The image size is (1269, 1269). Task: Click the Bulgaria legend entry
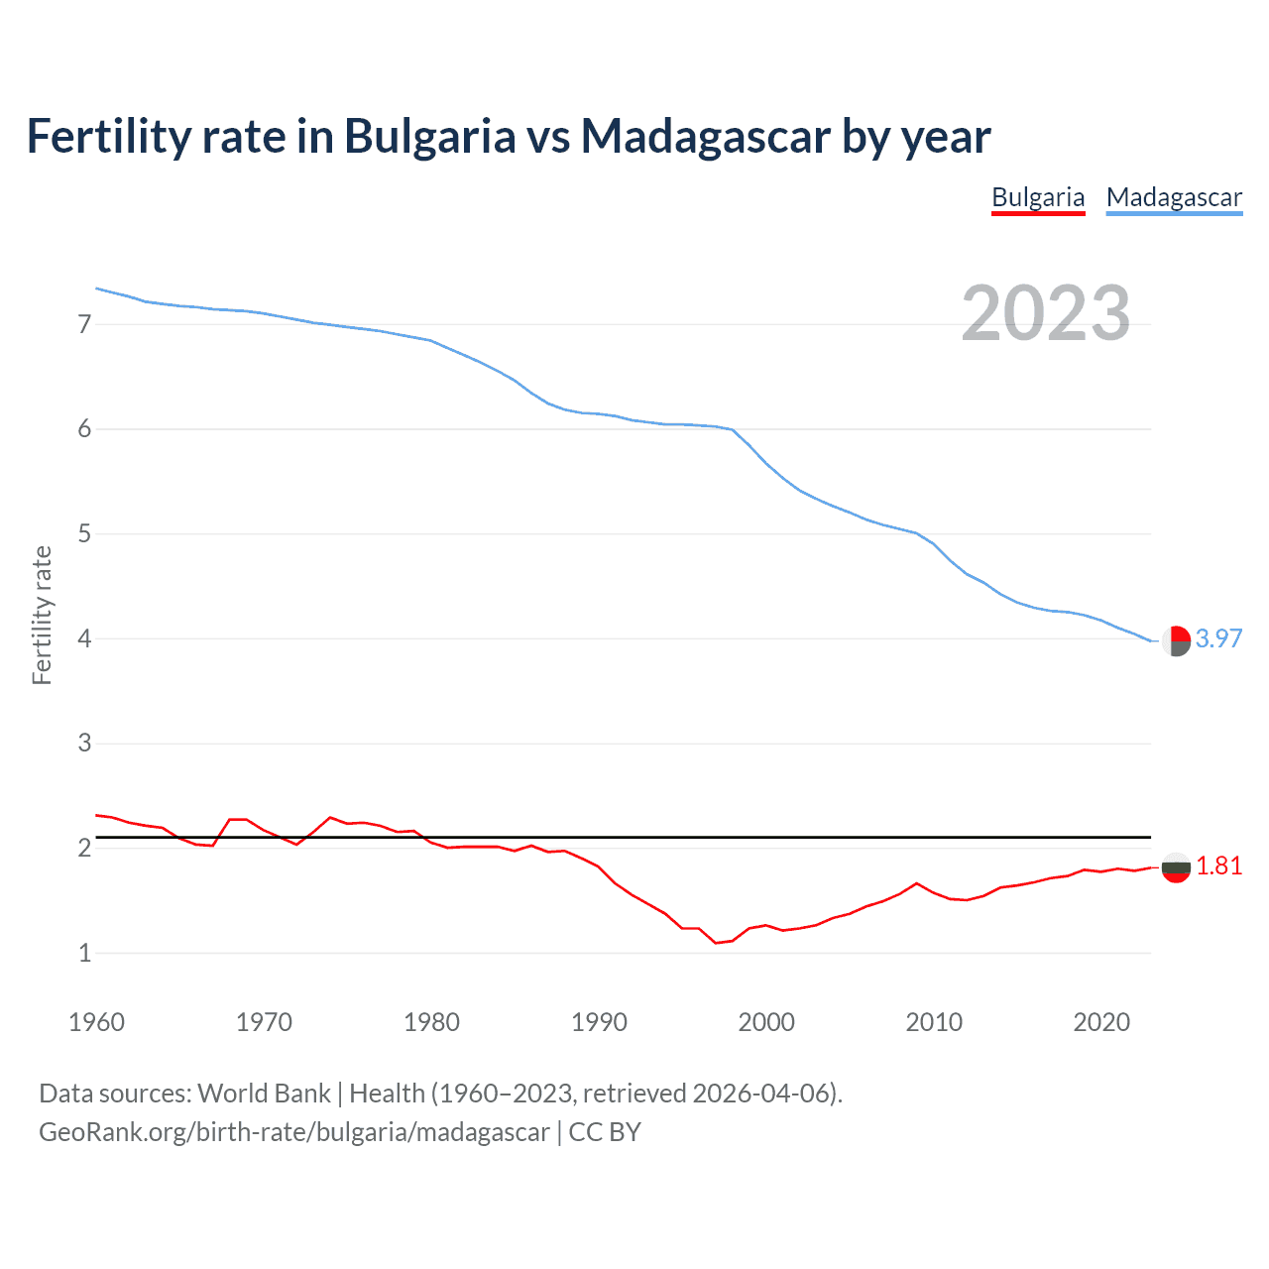click(x=1038, y=197)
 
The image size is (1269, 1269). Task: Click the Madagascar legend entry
click(x=1174, y=197)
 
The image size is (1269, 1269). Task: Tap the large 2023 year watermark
click(x=1046, y=313)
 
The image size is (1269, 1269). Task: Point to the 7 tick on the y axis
click(x=84, y=324)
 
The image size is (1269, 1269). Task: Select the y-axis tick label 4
click(x=84, y=638)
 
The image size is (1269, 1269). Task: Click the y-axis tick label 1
click(x=84, y=953)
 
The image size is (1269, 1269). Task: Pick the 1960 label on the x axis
click(x=96, y=1022)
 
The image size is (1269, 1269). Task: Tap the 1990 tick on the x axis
click(x=599, y=1022)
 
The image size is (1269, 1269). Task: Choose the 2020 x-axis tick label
click(x=1101, y=1022)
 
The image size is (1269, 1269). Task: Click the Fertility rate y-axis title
click(x=42, y=615)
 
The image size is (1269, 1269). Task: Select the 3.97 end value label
click(x=1218, y=639)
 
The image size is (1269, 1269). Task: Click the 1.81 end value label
click(x=1218, y=866)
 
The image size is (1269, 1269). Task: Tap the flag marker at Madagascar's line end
click(x=1176, y=641)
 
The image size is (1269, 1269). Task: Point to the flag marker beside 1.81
click(x=1176, y=867)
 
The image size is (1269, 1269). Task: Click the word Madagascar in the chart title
click(x=705, y=137)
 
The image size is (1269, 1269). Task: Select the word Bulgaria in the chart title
click(x=429, y=137)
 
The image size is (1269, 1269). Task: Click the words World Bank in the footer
click(x=264, y=1094)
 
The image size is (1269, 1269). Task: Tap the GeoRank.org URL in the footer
click(x=293, y=1132)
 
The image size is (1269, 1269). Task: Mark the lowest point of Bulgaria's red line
click(x=716, y=943)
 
